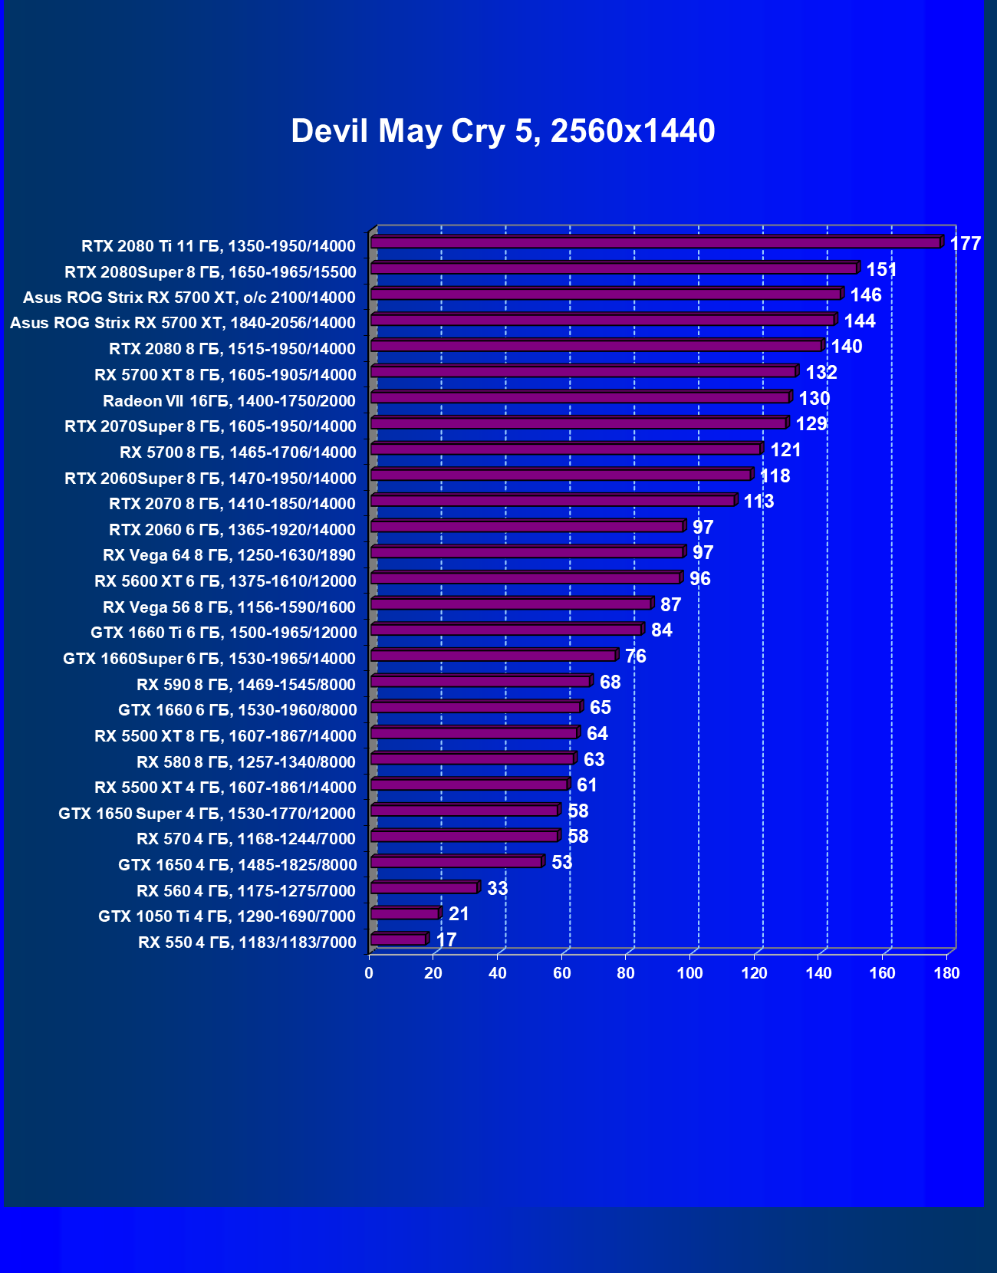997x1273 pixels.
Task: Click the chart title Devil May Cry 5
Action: pyautogui.click(x=502, y=131)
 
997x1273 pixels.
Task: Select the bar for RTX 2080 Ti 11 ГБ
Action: pyautogui.click(x=656, y=242)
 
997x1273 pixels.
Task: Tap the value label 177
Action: pyautogui.click(x=965, y=244)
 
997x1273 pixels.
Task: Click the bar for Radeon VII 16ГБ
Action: pyautogui.click(x=581, y=397)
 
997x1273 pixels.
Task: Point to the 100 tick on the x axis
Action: pyautogui.click(x=690, y=973)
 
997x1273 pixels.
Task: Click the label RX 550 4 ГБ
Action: pyautogui.click(x=247, y=942)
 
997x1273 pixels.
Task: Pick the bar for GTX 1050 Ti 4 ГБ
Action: pyautogui.click(x=405, y=913)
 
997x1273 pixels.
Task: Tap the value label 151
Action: pyautogui.click(x=881, y=270)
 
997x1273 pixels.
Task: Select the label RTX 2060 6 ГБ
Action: pyautogui.click(x=232, y=530)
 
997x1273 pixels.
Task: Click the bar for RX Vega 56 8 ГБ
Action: pyautogui.click(x=511, y=604)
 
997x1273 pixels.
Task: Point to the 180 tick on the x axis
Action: pyautogui.click(x=947, y=973)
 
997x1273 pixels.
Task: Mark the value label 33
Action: pyautogui.click(x=497, y=889)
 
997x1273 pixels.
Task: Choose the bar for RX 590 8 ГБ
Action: pyautogui.click(x=480, y=681)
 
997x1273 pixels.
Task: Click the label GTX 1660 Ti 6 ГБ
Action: pyautogui.click(x=223, y=633)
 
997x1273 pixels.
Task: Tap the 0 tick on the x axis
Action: pyautogui.click(x=369, y=973)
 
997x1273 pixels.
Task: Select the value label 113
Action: pyautogui.click(x=758, y=502)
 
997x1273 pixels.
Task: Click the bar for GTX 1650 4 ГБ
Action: pyautogui.click(x=456, y=862)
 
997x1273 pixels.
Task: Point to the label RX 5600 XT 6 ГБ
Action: pyautogui.click(x=225, y=581)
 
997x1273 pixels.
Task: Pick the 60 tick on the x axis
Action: pyautogui.click(x=562, y=973)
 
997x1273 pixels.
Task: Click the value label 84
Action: pyautogui.click(x=661, y=630)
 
